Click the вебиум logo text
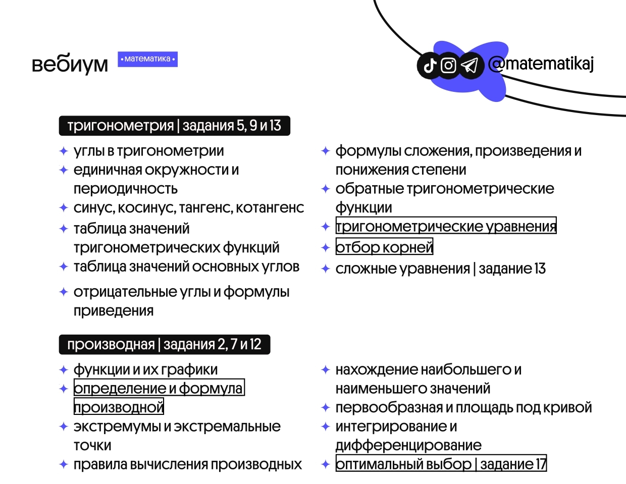70,64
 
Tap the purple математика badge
147,59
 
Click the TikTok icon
430,66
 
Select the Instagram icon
448,66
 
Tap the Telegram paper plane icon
470,66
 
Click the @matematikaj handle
541,64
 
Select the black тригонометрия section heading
174,126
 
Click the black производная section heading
165,344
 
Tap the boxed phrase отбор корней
384,246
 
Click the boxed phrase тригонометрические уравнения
446,226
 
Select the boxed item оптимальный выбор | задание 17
441,463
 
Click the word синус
94,208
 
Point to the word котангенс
270,207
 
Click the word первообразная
389,407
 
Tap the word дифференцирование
408,446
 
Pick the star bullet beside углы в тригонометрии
64,151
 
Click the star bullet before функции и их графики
64,370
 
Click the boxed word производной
119,406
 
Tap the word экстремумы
117,426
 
